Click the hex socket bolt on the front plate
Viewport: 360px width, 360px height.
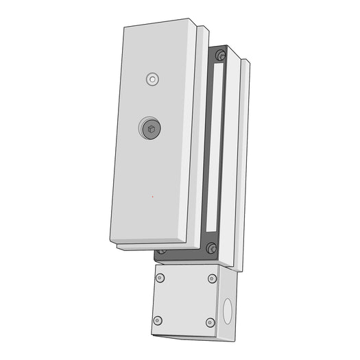150,127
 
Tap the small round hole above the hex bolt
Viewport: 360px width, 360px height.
152,79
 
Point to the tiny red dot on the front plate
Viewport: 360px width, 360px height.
152,197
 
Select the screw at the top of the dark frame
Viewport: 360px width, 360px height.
220,56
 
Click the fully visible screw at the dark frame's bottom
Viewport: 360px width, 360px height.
211,248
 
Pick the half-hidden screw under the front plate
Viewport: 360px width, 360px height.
162,252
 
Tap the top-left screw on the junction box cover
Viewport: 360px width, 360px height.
160,278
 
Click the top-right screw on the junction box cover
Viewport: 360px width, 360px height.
212,278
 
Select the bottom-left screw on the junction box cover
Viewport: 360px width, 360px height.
158,320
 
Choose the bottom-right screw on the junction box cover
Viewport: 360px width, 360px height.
211,322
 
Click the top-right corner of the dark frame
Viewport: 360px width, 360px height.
227,49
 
